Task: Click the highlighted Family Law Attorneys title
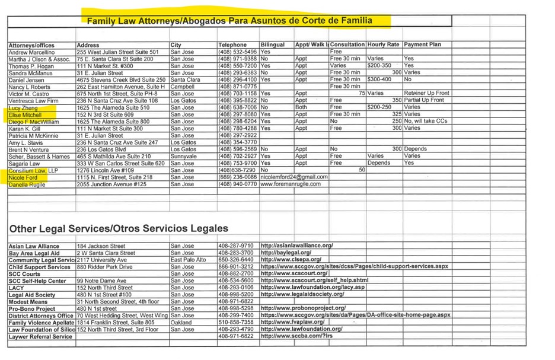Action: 230,21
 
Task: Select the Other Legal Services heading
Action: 117,228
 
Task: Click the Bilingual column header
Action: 273,45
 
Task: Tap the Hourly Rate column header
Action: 383,45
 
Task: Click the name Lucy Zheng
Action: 23,107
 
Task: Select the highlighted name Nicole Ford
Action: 24,177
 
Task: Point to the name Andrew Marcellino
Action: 34,52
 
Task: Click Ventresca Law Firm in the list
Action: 34,100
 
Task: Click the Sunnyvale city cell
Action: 183,157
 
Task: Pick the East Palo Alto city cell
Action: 188,260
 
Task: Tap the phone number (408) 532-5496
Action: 237,52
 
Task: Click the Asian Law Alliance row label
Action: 34,246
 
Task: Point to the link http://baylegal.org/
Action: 286,253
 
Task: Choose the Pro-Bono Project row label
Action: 32,308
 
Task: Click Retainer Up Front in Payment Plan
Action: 426,93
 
